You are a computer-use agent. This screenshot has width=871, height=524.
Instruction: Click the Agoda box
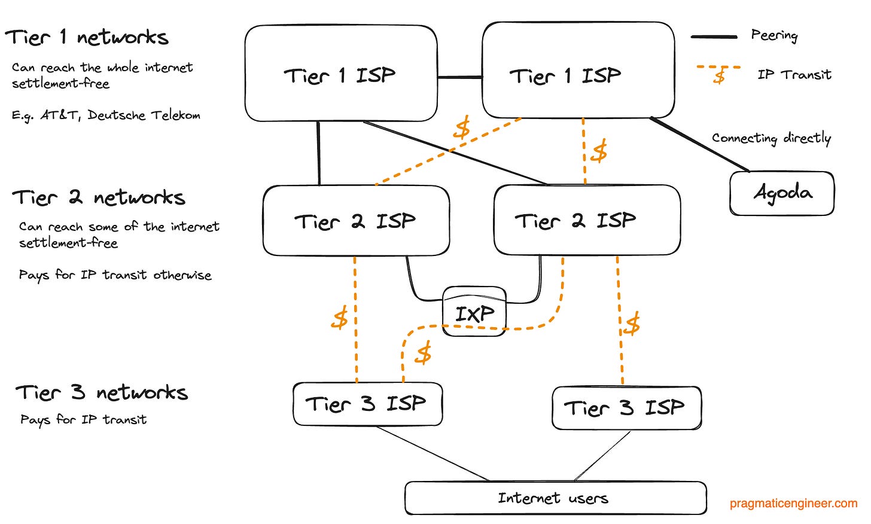(x=781, y=193)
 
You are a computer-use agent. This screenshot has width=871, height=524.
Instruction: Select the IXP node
(x=474, y=312)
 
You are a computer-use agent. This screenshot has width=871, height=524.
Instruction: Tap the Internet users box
(x=555, y=498)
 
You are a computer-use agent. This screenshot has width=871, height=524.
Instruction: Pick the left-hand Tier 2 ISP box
(x=355, y=221)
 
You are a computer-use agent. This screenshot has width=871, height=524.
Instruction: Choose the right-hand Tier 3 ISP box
(x=626, y=408)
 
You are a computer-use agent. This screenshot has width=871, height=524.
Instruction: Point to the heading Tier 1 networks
(x=87, y=38)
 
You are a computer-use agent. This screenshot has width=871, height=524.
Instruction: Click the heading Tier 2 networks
(x=99, y=197)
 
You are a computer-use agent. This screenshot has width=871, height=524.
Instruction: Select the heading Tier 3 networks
(x=102, y=392)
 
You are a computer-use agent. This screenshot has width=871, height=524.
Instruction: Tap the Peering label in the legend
(x=774, y=35)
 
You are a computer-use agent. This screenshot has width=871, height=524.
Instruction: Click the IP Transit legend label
(x=794, y=75)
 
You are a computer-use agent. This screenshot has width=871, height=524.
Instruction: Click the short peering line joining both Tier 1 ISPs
(x=459, y=77)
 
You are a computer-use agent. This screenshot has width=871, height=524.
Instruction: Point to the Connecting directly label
(x=771, y=138)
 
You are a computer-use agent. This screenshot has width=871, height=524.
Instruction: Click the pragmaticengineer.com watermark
(x=793, y=504)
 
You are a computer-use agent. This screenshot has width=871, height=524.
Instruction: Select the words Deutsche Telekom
(x=144, y=115)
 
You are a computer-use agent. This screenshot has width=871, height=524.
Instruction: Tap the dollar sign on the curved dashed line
(x=424, y=354)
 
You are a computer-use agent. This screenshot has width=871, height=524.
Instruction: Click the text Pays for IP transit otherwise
(x=115, y=275)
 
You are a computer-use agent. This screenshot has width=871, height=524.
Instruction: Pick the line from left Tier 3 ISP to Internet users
(x=433, y=453)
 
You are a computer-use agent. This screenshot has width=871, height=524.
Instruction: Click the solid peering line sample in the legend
(x=714, y=37)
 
